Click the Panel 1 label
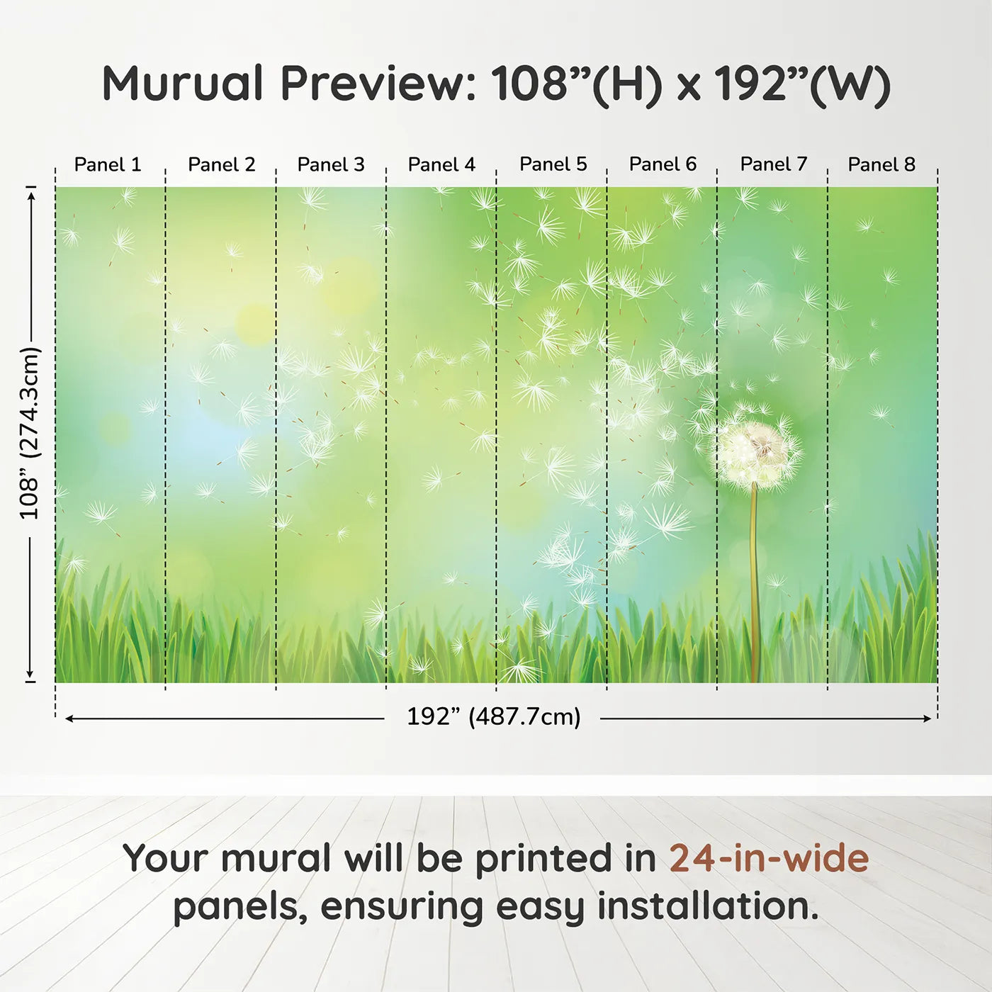tap(108, 164)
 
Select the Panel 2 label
tap(221, 164)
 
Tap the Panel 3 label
tap(331, 164)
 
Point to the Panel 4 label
tap(441, 164)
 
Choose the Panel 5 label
tap(553, 164)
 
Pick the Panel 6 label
tap(663, 164)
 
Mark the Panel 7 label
tap(773, 164)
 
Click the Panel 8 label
tap(881, 164)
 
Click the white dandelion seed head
tap(757, 453)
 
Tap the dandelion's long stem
tap(754, 581)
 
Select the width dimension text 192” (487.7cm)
tap(493, 717)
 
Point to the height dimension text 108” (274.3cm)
tap(30, 433)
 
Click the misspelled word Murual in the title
tap(183, 84)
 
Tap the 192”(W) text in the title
tap(801, 84)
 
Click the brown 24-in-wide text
tap(769, 858)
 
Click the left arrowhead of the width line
tap(69, 718)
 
